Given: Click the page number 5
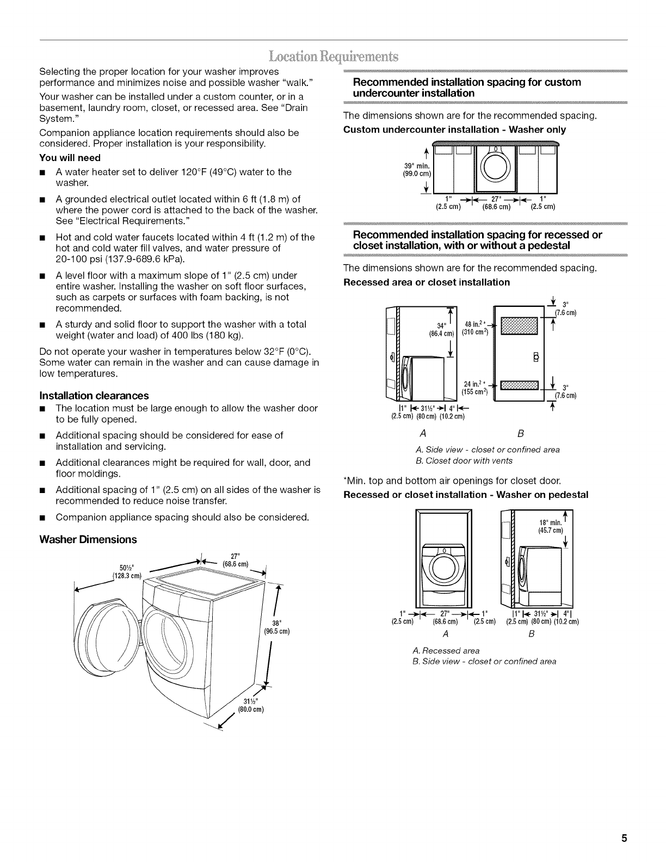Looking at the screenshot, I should pyautogui.click(x=625, y=838).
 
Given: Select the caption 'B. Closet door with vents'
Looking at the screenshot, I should pyautogui.click(x=464, y=460).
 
